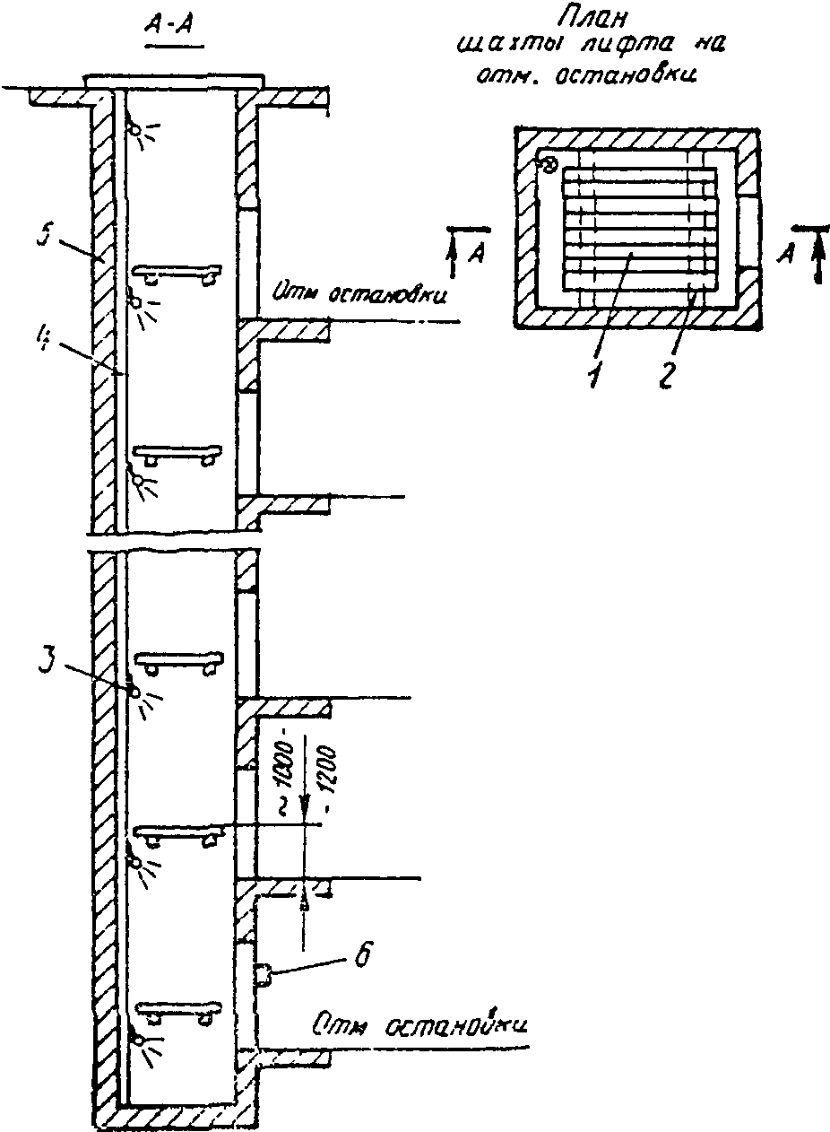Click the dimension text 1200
click(323, 770)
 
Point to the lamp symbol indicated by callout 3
click(134, 692)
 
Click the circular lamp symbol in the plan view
click(549, 165)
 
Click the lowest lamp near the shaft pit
click(138, 1039)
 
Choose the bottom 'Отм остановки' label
click(419, 1024)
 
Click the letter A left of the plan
click(478, 255)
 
